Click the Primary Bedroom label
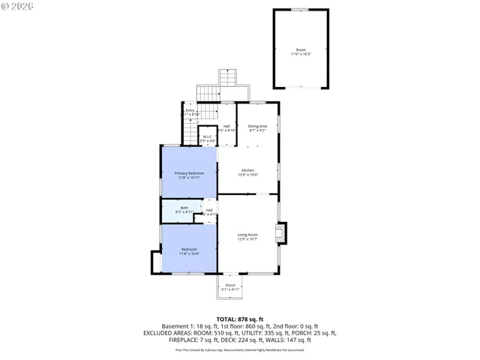point(189,173)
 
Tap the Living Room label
point(248,235)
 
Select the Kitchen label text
point(248,170)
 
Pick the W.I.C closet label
point(207,136)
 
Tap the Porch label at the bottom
point(230,285)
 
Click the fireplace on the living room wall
point(281,233)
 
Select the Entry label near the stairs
point(190,110)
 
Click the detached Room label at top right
point(301,49)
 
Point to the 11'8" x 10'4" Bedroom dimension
point(188,253)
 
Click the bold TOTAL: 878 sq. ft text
point(239,319)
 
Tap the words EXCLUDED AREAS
point(175,332)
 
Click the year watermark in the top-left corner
point(16,8)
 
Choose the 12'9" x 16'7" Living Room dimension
point(248,239)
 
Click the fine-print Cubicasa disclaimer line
point(239,349)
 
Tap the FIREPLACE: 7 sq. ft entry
point(190,339)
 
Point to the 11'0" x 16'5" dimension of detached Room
point(301,54)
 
